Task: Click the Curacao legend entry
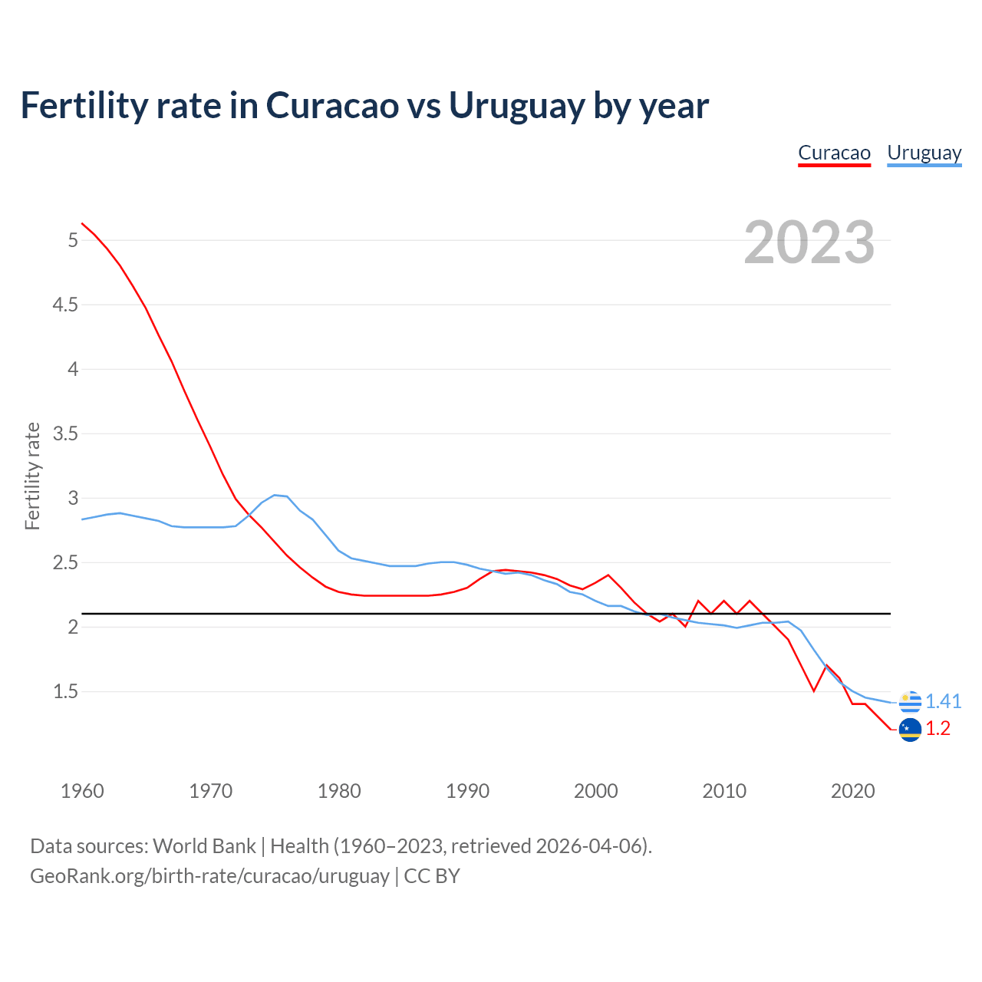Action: [834, 153]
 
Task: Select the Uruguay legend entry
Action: [924, 153]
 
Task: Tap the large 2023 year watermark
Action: [809, 242]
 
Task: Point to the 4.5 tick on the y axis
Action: [65, 305]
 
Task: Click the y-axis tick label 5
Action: [73, 241]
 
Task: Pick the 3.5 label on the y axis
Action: [65, 434]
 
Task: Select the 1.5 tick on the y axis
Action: [65, 692]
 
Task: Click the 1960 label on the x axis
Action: [82, 791]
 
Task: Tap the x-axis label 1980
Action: [339, 791]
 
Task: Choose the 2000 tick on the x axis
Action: [596, 791]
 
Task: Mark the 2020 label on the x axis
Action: [852, 791]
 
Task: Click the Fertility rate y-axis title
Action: [32, 476]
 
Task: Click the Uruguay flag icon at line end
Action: [910, 702]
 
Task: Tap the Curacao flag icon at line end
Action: [910, 730]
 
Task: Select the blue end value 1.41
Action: [943, 702]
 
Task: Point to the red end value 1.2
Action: [938, 729]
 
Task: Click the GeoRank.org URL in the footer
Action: [209, 876]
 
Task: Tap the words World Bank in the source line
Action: [204, 846]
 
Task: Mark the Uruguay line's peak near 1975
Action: [275, 495]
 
